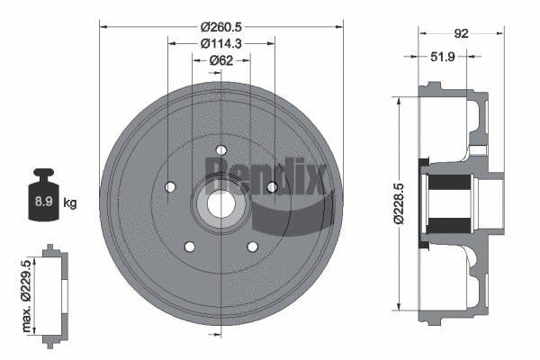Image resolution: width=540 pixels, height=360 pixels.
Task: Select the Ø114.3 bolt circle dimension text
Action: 220,42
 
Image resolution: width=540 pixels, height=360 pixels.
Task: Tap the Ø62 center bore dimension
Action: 221,60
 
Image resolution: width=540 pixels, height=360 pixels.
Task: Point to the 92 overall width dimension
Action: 461,34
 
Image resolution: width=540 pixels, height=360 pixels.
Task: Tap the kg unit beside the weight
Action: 70,203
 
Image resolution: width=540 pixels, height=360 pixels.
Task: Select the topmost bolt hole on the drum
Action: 220,151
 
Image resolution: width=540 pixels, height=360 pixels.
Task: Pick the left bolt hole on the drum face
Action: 170,187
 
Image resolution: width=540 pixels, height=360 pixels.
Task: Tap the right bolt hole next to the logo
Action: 271,187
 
